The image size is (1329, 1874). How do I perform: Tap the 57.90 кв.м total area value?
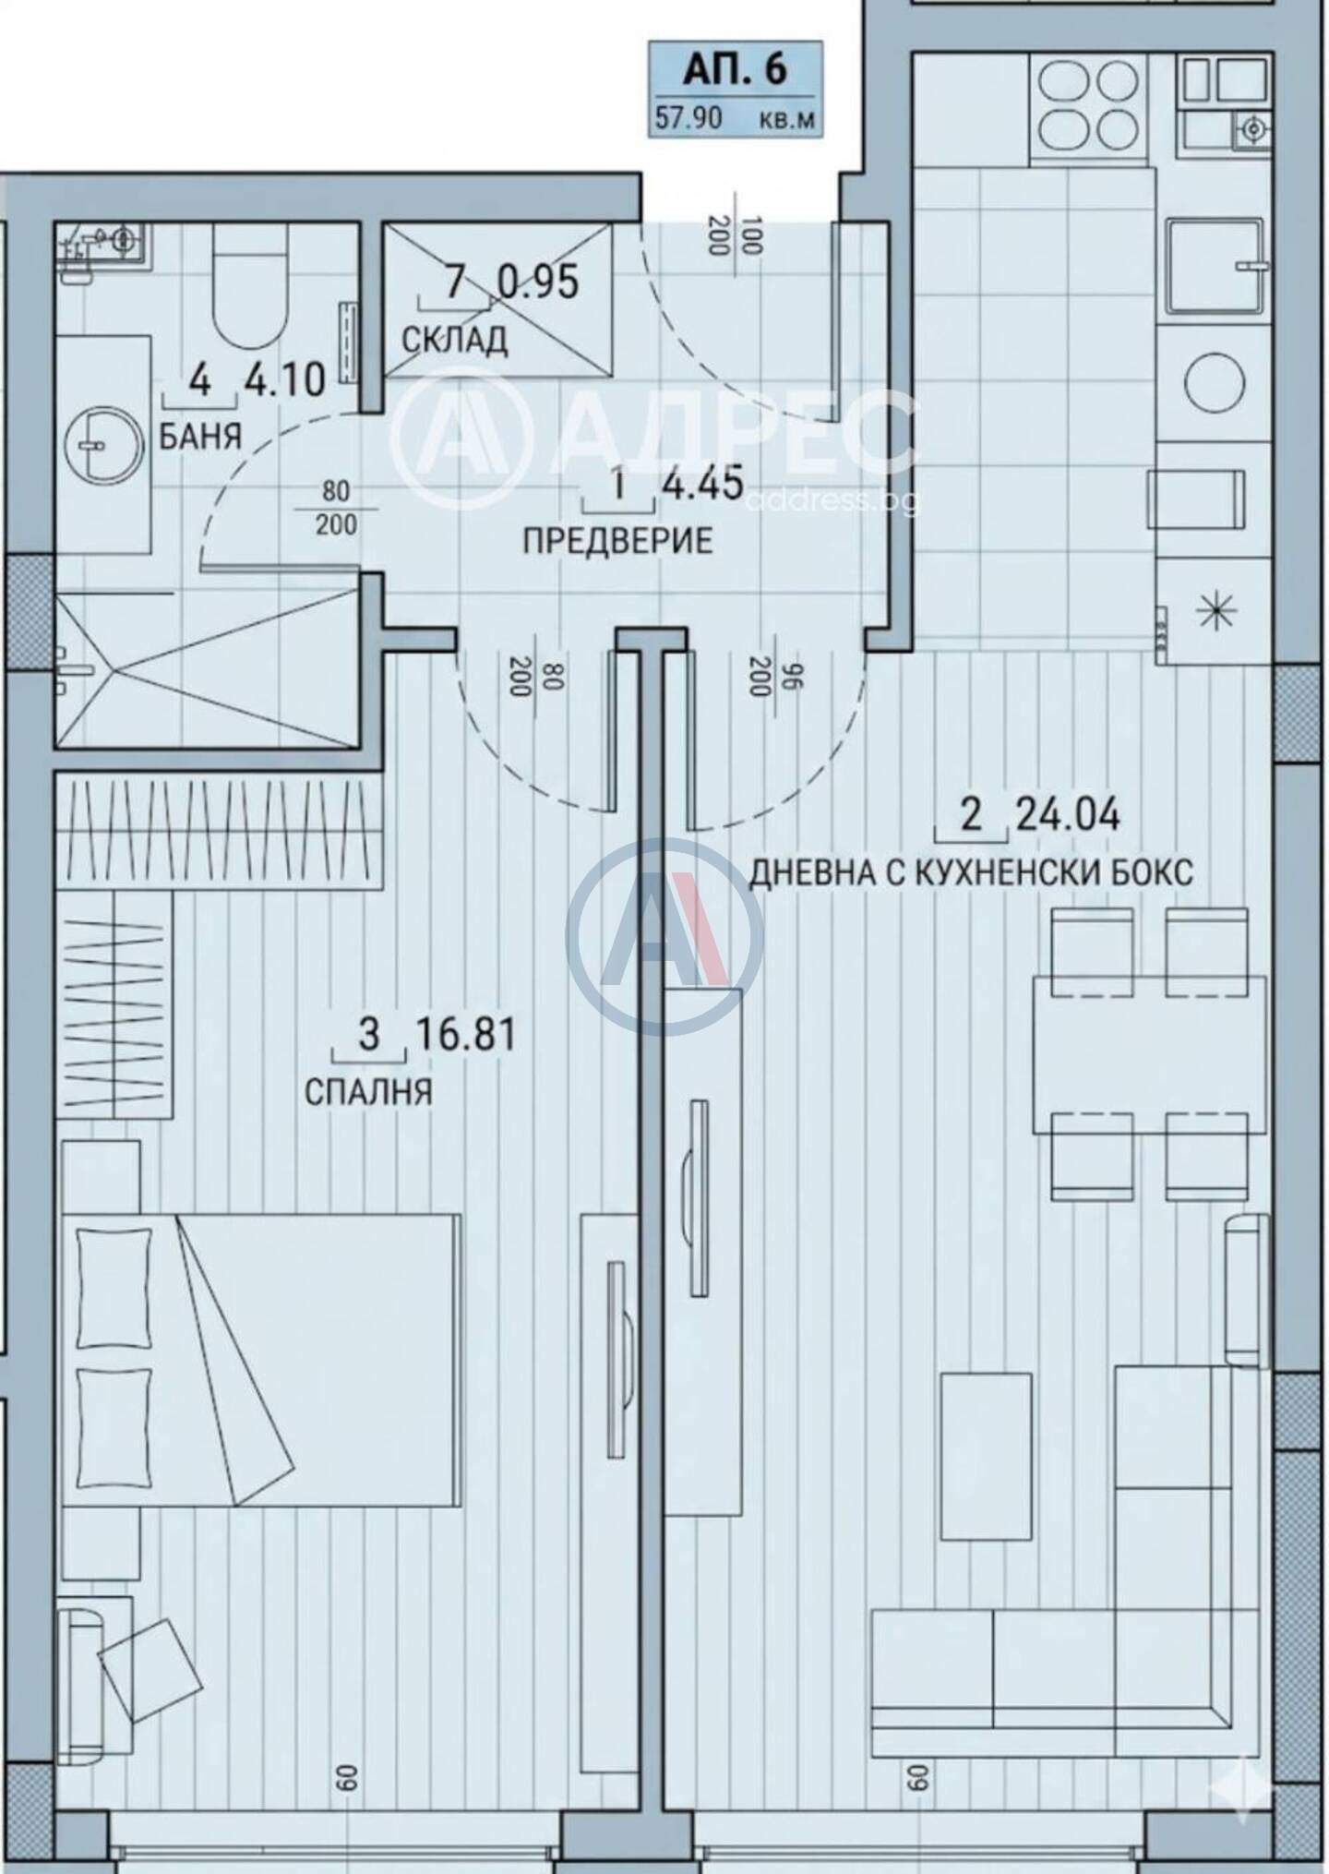coord(735,118)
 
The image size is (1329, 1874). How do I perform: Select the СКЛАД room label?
coord(454,340)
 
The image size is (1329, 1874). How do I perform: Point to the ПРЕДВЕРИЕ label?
coord(617,540)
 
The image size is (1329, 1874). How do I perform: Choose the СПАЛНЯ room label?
coord(368,1092)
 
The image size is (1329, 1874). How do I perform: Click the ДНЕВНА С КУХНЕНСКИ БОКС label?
coord(970,872)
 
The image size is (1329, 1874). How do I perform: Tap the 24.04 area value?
coord(1068,815)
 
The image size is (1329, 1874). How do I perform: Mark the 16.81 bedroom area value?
coord(465,1034)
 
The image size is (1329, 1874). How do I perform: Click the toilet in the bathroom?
coord(247,289)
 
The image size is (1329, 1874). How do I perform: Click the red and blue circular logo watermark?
coord(664,936)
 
